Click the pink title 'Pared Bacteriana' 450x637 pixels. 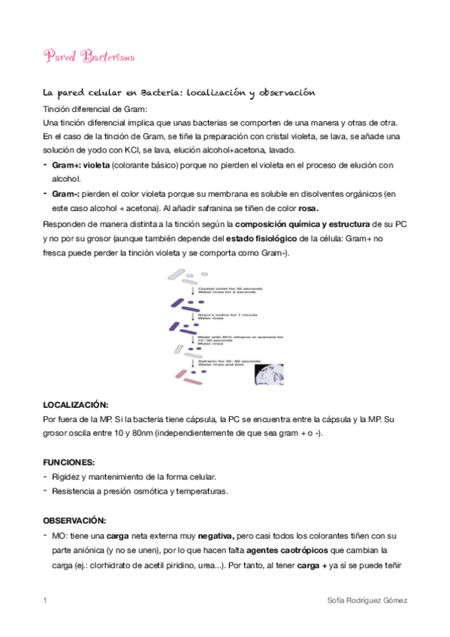89,57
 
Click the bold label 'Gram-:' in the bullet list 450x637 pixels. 66,193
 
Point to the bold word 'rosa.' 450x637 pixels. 308,208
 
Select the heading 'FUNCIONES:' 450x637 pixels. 68,462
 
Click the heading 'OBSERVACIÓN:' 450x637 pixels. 74,521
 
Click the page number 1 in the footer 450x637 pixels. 46,601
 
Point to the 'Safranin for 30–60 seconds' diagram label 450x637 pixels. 230,361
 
